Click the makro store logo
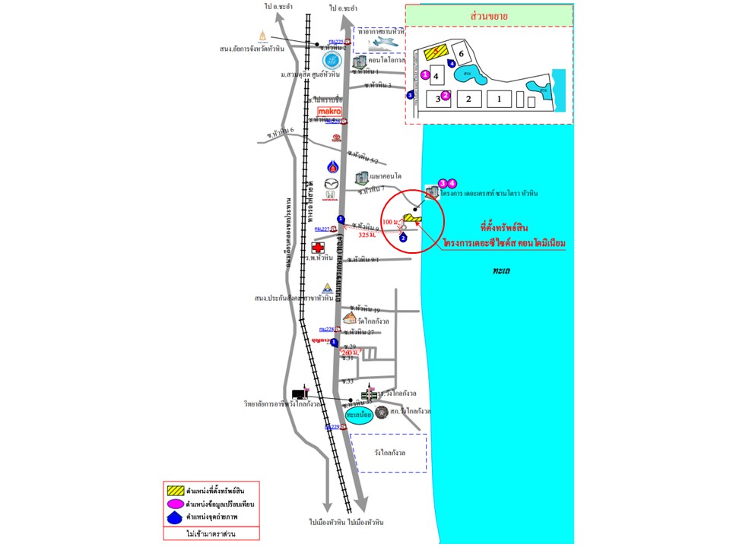pos(328,111)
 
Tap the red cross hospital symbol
pos(319,248)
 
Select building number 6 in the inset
pos(461,53)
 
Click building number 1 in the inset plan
pos(499,98)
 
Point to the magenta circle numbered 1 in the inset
pos(425,74)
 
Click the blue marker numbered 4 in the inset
pos(452,64)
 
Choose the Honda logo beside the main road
pos(330,195)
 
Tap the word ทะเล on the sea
pos(501,270)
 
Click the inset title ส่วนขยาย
pos(488,16)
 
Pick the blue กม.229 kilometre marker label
pos(332,427)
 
